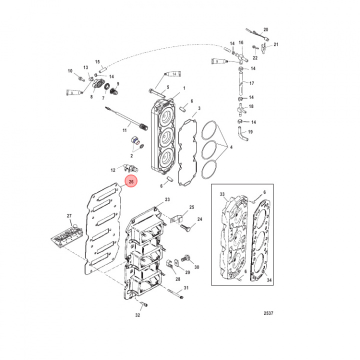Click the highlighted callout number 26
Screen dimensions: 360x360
(x=130, y=182)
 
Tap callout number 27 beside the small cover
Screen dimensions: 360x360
(x=69, y=216)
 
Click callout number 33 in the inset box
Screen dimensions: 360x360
(x=223, y=193)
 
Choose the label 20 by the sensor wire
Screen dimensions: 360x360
(x=265, y=30)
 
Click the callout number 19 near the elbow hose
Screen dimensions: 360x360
(x=250, y=132)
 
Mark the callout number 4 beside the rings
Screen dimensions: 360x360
(x=230, y=147)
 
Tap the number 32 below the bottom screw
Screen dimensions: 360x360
(x=137, y=315)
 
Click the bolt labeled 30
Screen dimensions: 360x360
(x=186, y=258)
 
